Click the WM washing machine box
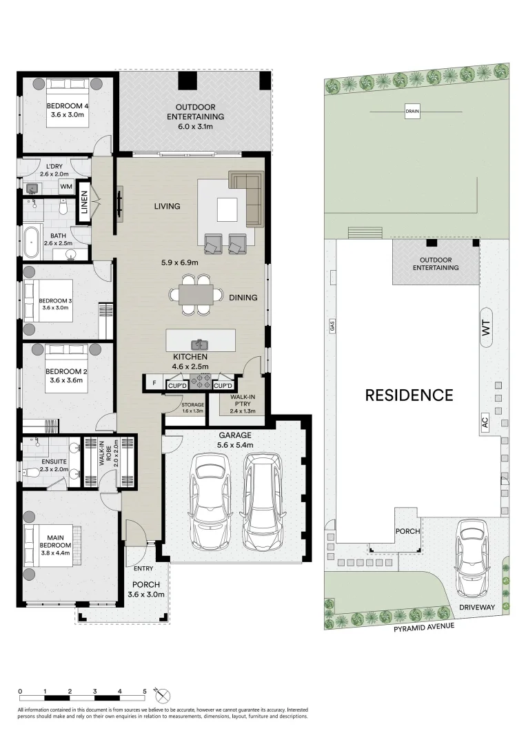[66, 187]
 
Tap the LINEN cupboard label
[85, 202]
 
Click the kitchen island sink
[201, 344]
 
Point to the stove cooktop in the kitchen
[201, 382]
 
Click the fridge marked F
[154, 382]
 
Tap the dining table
[196, 295]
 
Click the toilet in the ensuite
[32, 473]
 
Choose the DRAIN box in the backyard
[412, 112]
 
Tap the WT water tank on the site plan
[485, 328]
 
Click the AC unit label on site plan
[484, 422]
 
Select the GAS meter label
[332, 325]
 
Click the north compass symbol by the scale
[163, 696]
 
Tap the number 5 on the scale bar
[145, 692]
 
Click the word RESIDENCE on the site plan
[409, 395]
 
